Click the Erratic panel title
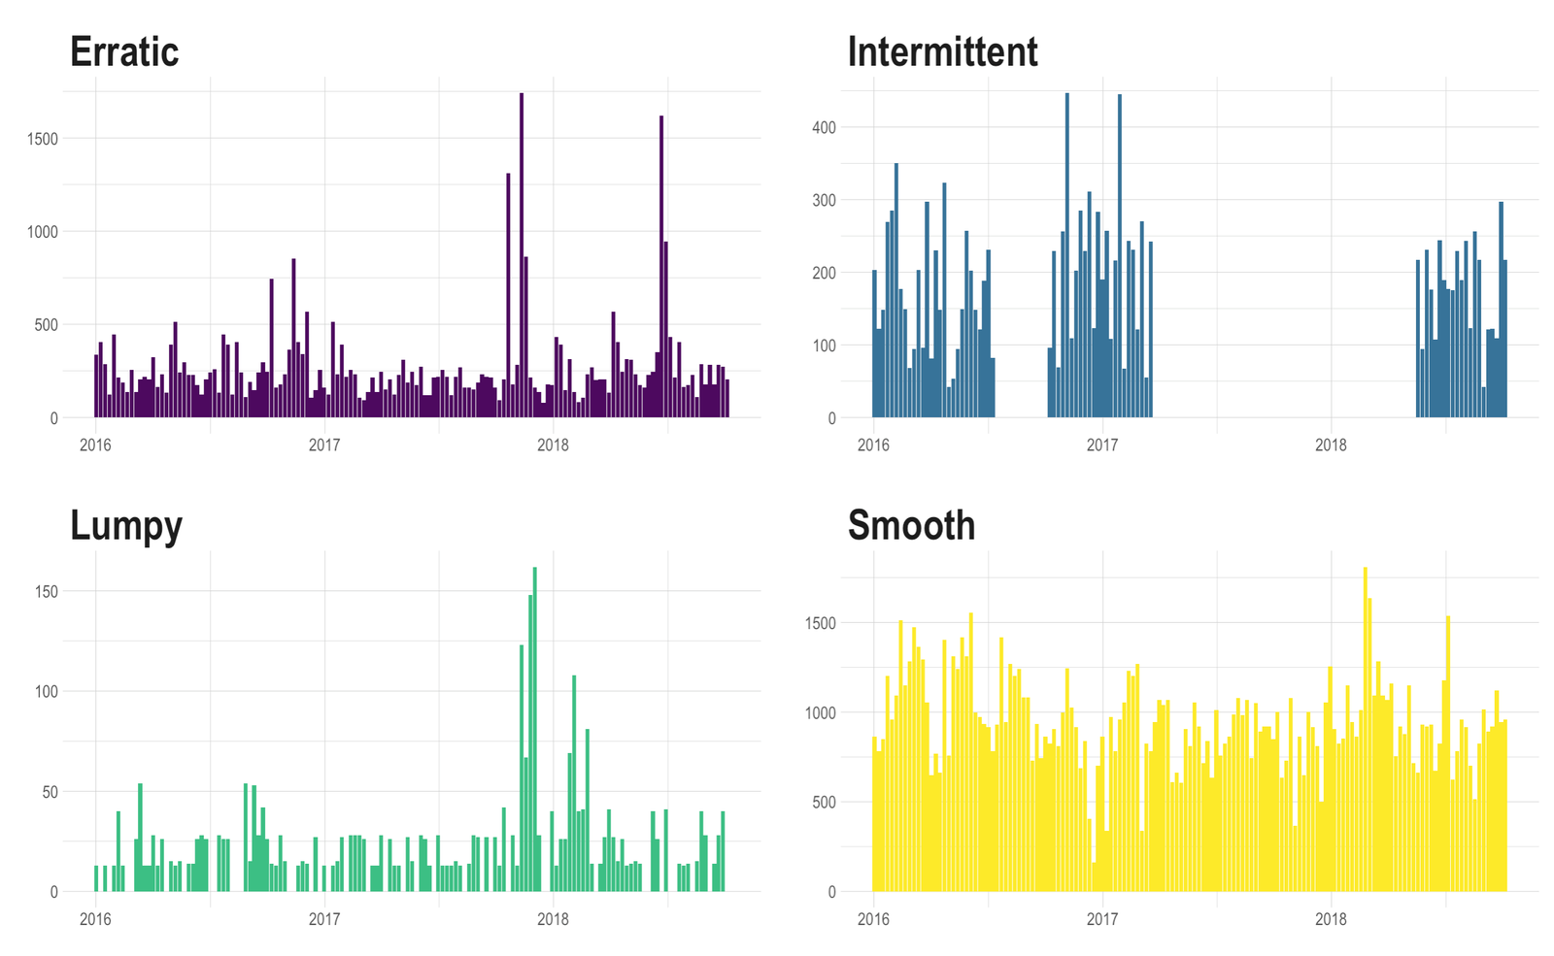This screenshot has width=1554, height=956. [124, 51]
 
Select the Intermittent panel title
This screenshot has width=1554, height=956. [942, 51]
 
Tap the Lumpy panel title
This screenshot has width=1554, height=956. [125, 525]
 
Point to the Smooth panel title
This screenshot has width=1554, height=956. [911, 525]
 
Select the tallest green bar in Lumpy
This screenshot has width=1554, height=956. [535, 728]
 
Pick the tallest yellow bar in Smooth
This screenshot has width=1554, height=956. [1366, 728]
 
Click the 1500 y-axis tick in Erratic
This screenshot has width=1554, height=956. [43, 139]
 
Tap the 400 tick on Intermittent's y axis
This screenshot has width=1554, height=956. [824, 127]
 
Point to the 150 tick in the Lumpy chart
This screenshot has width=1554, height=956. [47, 591]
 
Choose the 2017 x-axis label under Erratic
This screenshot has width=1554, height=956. [324, 445]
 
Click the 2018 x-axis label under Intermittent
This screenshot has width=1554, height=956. [1331, 445]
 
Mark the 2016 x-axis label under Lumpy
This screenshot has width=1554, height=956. [95, 918]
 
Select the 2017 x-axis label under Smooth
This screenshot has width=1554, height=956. [1102, 918]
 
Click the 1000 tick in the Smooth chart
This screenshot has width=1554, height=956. [820, 712]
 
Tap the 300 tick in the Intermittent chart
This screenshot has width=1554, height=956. [824, 200]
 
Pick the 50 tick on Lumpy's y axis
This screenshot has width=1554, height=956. [51, 792]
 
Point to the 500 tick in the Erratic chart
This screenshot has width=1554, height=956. [47, 325]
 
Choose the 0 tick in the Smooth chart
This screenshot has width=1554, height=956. [831, 892]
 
